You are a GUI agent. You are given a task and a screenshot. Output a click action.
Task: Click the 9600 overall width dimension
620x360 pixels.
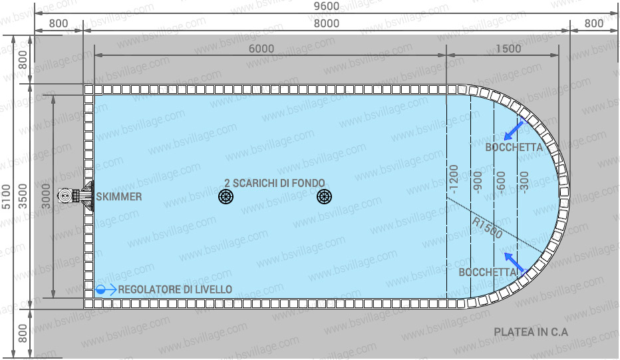326,7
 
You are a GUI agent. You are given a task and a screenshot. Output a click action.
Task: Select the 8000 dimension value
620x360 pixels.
326,23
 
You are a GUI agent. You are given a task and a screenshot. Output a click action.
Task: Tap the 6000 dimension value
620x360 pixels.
261,49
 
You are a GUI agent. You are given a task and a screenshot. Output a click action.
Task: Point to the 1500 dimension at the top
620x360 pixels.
509,49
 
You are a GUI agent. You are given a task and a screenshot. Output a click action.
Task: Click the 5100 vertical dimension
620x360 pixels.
7,197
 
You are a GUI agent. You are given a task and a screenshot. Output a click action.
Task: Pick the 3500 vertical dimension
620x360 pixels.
25,197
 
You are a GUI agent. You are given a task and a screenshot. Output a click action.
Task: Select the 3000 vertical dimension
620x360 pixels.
46,197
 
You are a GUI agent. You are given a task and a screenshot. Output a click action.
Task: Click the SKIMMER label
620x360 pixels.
118,196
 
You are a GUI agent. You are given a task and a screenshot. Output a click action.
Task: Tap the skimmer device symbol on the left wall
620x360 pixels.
75,196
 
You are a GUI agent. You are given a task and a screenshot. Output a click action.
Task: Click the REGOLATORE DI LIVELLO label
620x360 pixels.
176,289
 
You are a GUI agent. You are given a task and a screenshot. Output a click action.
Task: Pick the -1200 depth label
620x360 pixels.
454,178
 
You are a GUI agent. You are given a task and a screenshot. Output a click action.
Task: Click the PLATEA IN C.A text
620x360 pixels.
531,332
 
